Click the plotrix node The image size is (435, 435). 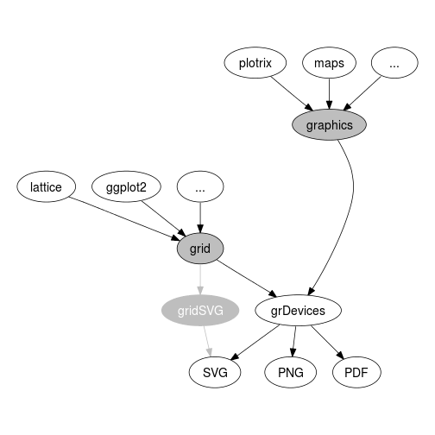(x=255, y=63)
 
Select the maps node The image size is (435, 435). (x=329, y=63)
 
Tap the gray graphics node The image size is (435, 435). (x=329, y=125)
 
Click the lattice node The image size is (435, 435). (x=46, y=186)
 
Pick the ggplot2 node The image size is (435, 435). (x=126, y=186)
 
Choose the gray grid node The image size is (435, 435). (x=200, y=249)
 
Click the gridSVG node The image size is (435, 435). (x=200, y=311)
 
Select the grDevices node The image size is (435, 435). (x=298, y=311)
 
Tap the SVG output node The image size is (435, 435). (x=215, y=373)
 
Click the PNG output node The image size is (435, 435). (x=291, y=373)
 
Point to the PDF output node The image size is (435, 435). (x=356, y=373)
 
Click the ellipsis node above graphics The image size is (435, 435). (x=394, y=63)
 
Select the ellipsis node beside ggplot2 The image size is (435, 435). (x=200, y=186)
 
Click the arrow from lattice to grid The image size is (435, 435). (x=124, y=218)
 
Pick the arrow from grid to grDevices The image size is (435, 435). (x=247, y=278)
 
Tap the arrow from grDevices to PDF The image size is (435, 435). (x=327, y=343)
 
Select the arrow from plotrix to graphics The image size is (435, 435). (x=292, y=94)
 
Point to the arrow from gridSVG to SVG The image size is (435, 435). (x=208, y=342)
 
